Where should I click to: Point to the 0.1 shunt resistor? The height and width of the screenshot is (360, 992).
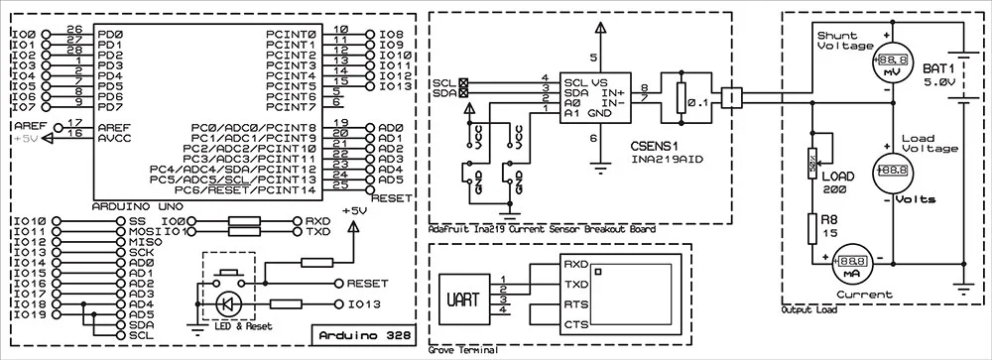click(x=681, y=98)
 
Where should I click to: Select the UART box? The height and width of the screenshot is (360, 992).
click(x=461, y=297)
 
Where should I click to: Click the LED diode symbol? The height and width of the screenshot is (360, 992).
click(x=228, y=303)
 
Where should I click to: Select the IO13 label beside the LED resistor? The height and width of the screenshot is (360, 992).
click(x=363, y=303)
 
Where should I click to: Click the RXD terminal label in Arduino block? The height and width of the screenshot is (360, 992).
click(x=318, y=221)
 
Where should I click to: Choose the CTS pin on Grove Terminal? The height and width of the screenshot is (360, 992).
click(x=576, y=325)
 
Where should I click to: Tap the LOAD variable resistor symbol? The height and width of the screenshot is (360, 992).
click(x=812, y=157)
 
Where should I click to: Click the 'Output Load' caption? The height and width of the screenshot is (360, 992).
click(x=808, y=310)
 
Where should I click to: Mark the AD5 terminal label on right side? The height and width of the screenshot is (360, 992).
click(x=391, y=180)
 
